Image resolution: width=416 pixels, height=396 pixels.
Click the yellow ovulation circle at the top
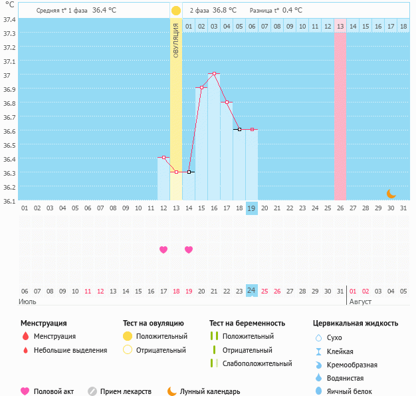pos(175,11)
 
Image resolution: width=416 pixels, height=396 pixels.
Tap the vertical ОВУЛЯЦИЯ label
pos(175,41)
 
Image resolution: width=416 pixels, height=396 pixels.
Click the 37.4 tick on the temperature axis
pos(9,19)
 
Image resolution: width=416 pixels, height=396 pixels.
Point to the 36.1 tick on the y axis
pos(9,200)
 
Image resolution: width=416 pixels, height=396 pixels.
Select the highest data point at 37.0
pos(214,73)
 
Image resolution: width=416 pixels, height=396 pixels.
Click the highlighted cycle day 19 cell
pos(251,208)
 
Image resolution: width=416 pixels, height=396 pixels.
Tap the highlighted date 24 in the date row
pos(251,291)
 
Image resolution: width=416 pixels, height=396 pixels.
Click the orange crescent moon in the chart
pos(391,194)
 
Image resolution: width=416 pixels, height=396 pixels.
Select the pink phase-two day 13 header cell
pos(340,27)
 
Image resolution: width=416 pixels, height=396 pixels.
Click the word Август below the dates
pos(360,301)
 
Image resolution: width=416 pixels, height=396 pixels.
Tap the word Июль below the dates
pos(27,301)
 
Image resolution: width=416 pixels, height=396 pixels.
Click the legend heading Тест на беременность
pos(247,323)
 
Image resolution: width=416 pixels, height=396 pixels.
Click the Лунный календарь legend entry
pos(205,392)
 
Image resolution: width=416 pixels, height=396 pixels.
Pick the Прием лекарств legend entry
pos(126,392)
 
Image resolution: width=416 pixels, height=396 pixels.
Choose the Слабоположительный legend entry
pos(257,363)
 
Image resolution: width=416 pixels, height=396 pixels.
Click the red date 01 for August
pos(353,291)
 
